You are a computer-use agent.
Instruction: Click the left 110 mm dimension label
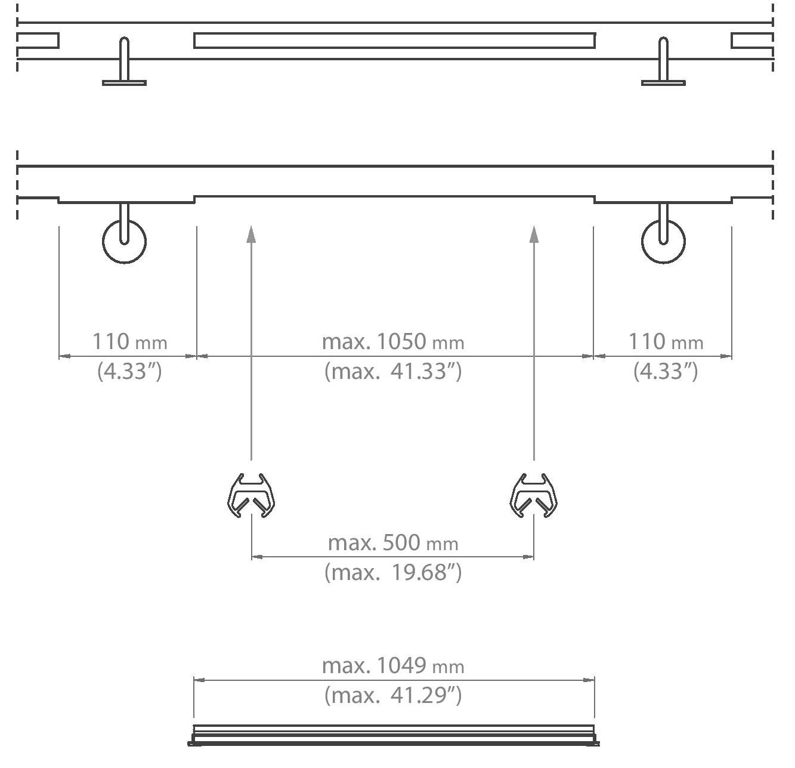(x=130, y=342)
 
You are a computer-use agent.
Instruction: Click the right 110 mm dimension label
(x=666, y=342)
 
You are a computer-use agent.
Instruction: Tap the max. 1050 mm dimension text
(x=393, y=342)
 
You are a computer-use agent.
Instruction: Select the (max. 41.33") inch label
(x=393, y=372)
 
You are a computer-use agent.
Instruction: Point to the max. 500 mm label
(x=393, y=543)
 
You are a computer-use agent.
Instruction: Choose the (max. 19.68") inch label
(x=393, y=572)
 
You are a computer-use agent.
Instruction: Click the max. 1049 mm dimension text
(x=393, y=666)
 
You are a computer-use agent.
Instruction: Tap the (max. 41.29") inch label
(x=393, y=695)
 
